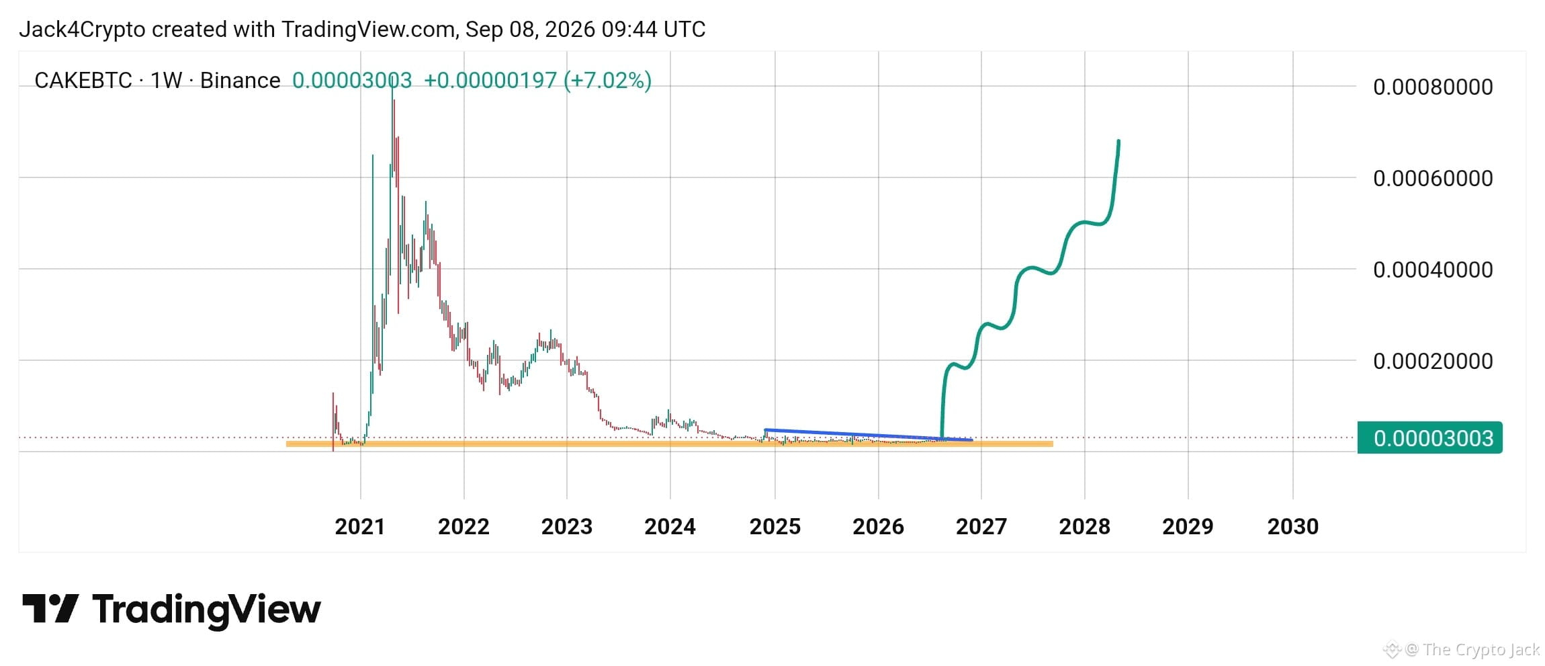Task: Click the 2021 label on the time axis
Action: pos(360,526)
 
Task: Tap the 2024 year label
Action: pos(670,526)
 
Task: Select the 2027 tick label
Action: pos(981,526)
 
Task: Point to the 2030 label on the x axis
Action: pos(1292,526)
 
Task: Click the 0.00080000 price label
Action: pos(1433,87)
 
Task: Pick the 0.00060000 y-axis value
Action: pos(1433,178)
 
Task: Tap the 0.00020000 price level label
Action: pos(1433,361)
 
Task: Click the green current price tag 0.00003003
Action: pos(1429,438)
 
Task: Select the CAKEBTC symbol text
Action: pos(83,81)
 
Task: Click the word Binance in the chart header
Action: pos(240,81)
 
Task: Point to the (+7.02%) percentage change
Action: pos(607,81)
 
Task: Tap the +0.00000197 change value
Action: pos(490,81)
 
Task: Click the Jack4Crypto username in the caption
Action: pos(82,30)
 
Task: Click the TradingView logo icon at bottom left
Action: pos(50,608)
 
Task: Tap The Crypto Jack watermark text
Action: pos(1481,649)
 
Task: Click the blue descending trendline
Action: pos(868,435)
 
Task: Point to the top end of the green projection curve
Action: pos(1118,140)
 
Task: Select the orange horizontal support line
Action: pos(669,444)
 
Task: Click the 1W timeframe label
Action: pos(166,81)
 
